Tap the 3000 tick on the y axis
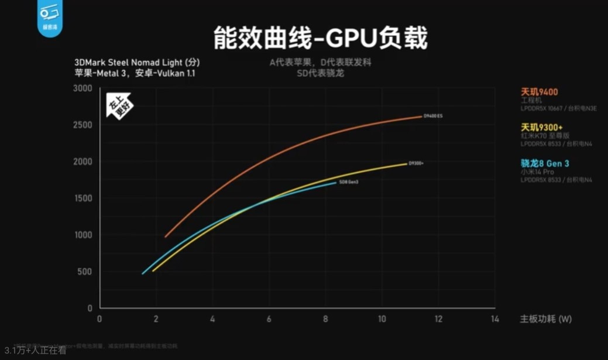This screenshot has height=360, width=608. [x=83, y=88]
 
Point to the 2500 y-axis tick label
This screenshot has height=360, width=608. [x=83, y=125]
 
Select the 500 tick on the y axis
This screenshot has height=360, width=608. [x=85, y=272]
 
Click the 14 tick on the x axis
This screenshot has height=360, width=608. [x=494, y=319]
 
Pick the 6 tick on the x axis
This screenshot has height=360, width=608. [x=269, y=319]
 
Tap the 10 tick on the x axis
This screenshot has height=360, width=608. [x=382, y=319]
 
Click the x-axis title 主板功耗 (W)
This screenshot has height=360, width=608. [x=545, y=319]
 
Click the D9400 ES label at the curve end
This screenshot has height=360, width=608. [x=433, y=116]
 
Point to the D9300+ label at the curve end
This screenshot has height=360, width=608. [x=415, y=163]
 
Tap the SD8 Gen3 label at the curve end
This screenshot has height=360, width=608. [x=349, y=183]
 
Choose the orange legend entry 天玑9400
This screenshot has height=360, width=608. [x=539, y=92]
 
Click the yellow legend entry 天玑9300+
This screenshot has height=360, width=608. [x=542, y=128]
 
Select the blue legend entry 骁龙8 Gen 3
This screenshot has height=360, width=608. [x=545, y=163]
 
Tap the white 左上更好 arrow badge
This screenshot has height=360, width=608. [x=119, y=105]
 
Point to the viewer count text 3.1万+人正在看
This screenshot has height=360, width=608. [x=35, y=351]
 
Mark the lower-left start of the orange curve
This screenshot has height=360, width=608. [x=166, y=236]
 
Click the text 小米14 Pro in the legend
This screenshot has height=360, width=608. [x=537, y=172]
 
